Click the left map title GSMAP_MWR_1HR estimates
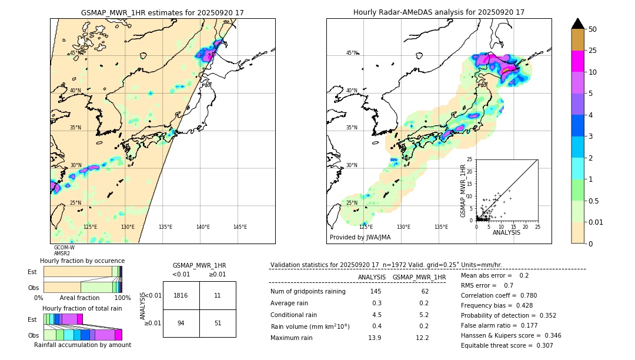pyautogui.click(x=162, y=12)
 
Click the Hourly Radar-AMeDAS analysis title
pyautogui.click(x=439, y=12)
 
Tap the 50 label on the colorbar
pyautogui.click(x=593, y=29)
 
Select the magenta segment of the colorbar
pyautogui.click(x=577, y=62)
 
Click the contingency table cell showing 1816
pyautogui.click(x=181, y=295)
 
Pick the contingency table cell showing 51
pyautogui.click(x=218, y=323)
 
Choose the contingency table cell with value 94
pyautogui.click(x=181, y=323)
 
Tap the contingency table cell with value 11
pyautogui.click(x=218, y=295)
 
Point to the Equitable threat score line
pyautogui.click(x=507, y=345)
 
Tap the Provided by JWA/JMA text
pyautogui.click(x=360, y=237)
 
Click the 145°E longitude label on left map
pyautogui.click(x=240, y=227)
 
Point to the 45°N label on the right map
pyautogui.click(x=352, y=53)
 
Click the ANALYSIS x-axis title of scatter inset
pyautogui.click(x=506, y=232)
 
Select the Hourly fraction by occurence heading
pyautogui.click(x=82, y=261)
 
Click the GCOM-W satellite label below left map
pyautogui.click(x=64, y=248)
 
